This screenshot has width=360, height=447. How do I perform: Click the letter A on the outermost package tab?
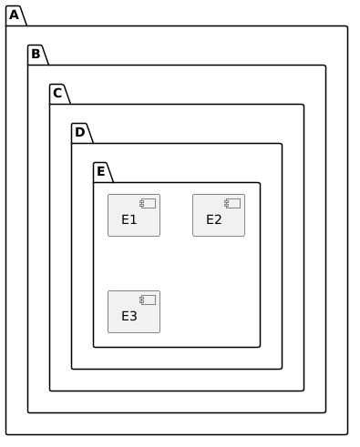tap(14, 15)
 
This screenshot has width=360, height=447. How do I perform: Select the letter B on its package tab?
tap(36, 54)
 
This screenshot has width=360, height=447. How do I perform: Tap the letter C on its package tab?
tap(57, 93)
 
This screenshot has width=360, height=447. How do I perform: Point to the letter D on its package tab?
tap(80, 132)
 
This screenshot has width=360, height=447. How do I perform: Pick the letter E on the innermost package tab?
tap(101, 171)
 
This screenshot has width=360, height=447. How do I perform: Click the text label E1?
tap(129, 219)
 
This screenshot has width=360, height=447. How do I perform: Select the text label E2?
tap(214, 219)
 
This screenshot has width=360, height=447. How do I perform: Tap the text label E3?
tap(129, 316)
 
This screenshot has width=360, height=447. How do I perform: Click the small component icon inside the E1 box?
tap(148, 203)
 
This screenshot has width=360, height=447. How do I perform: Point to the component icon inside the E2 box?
tap(232, 203)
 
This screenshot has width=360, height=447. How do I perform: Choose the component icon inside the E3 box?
tap(148, 300)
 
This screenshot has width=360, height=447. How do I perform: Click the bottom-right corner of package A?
tap(347, 434)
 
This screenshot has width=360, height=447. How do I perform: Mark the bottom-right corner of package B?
tap(325, 412)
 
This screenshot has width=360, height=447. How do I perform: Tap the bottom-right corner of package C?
tap(303, 391)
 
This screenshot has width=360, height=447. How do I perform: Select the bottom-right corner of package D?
tap(282, 369)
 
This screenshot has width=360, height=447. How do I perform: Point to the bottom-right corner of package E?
tap(260, 347)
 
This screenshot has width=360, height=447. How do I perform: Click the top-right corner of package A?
tap(347, 26)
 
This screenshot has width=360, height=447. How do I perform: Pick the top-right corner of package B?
tap(325, 66)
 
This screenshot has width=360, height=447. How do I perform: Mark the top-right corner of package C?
tap(303, 105)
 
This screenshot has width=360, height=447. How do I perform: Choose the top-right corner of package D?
tap(282, 144)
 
